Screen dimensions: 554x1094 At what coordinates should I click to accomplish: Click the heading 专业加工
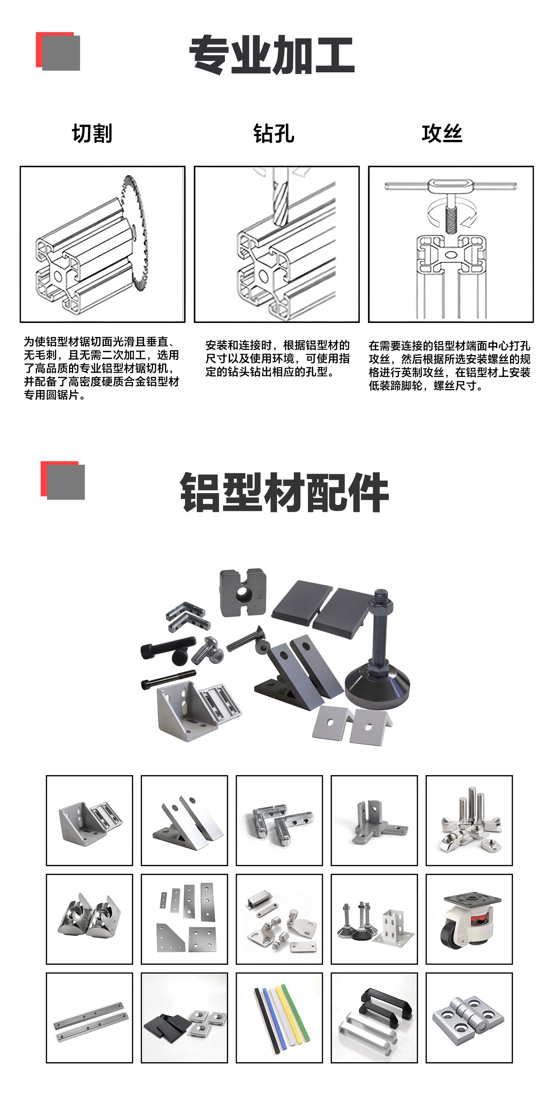point(272,55)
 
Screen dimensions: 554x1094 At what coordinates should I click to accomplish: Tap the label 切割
point(92,133)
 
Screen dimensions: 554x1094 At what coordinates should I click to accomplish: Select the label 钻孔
point(274,133)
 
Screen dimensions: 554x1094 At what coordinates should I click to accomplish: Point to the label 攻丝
point(442,133)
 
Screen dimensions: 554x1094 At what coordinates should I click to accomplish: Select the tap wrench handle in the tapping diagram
point(450,186)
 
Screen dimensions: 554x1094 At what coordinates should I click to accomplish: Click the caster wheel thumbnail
point(469,919)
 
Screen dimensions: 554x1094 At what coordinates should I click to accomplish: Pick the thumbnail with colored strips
point(279,1018)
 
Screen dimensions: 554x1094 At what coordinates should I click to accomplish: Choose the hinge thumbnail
point(469,1018)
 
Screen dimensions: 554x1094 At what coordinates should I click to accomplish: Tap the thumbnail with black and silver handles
point(374,1018)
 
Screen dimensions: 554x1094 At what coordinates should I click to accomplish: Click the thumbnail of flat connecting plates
point(184,919)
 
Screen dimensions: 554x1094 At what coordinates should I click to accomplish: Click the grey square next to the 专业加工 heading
point(61,53)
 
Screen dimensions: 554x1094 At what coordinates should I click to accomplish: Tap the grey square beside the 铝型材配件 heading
point(66,482)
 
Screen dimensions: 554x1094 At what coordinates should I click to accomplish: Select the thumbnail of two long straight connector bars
point(89,1018)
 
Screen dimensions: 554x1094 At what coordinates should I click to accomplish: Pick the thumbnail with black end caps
point(184,1018)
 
